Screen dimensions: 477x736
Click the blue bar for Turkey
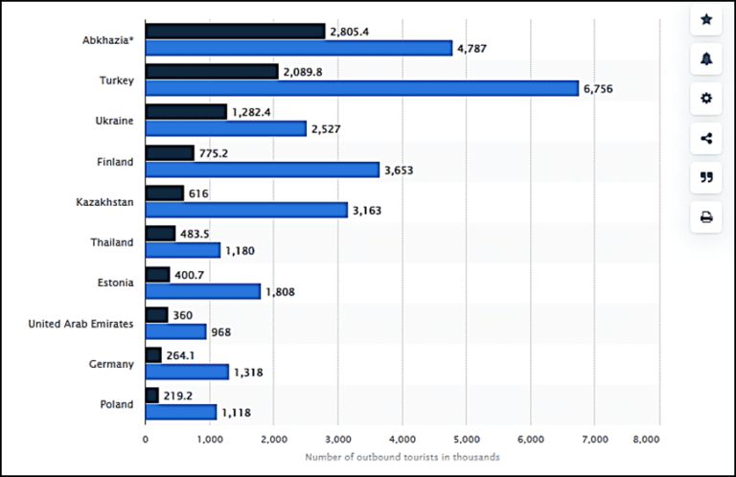click(362, 88)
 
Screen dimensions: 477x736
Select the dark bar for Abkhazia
click(235, 32)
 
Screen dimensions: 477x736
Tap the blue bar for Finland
click(263, 170)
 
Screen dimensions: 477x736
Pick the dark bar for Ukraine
click(186, 112)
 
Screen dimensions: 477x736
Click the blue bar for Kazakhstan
click(246, 210)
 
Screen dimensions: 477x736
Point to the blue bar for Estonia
click(203, 291)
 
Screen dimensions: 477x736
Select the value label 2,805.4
click(350, 32)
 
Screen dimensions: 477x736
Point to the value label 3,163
click(366, 210)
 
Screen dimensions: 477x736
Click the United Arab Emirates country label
click(80, 324)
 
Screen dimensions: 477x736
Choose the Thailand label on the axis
click(112, 242)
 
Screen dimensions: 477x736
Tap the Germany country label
click(111, 364)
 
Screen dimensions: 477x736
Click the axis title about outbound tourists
click(402, 457)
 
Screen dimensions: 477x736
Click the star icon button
click(706, 19)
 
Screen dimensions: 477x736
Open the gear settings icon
click(706, 98)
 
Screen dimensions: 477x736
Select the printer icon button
click(706, 216)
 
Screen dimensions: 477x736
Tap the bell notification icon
click(706, 58)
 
